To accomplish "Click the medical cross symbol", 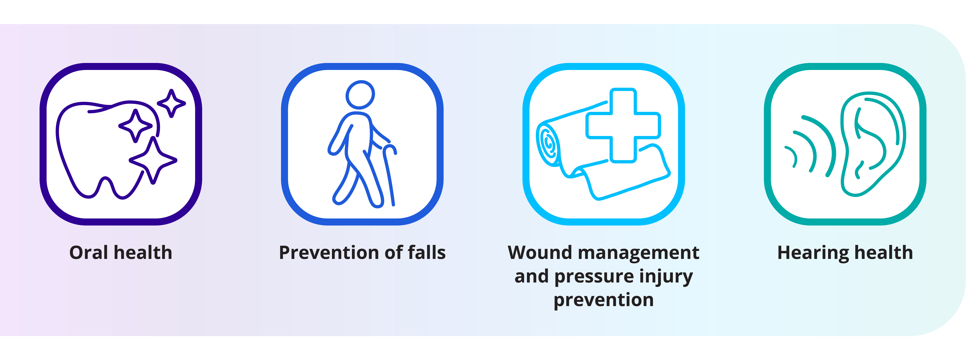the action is (x=623, y=125).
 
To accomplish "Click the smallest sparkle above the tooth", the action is (x=171, y=103).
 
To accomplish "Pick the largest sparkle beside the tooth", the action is (x=153, y=160).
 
